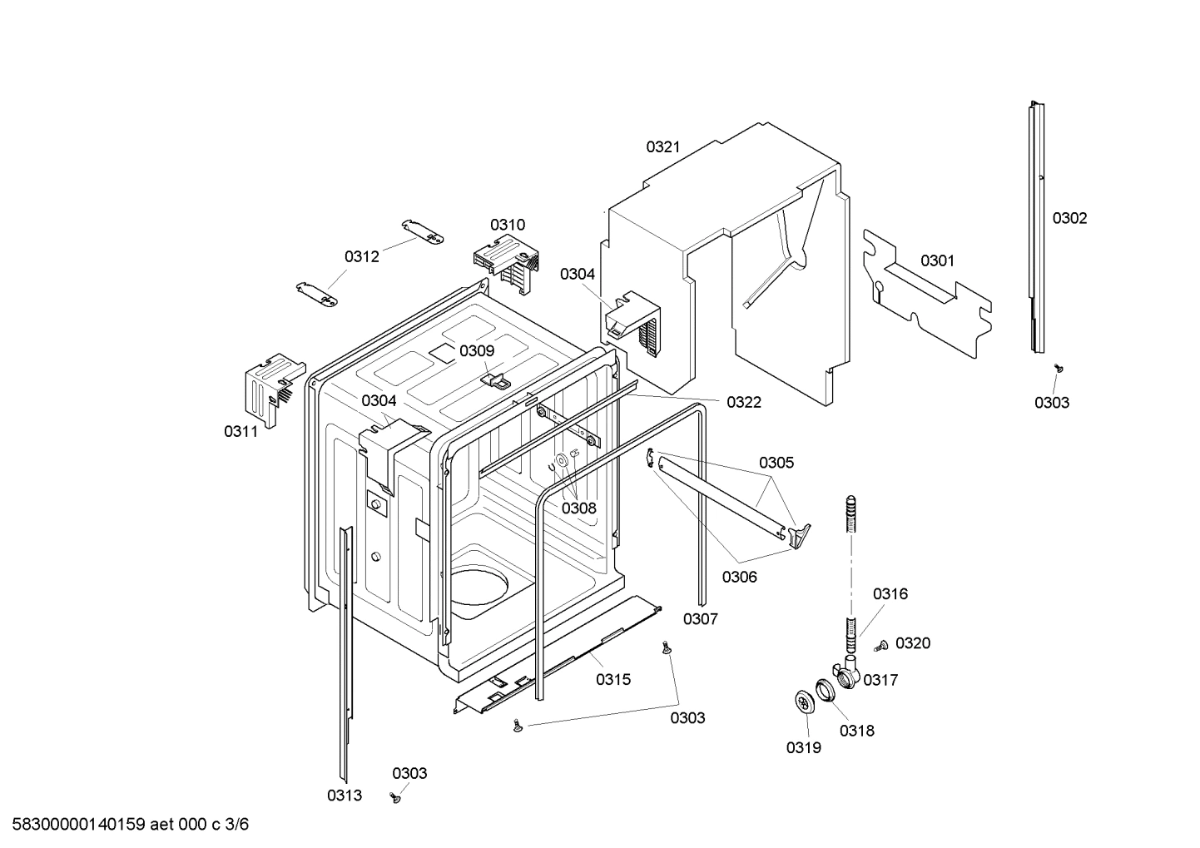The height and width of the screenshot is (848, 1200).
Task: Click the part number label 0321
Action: pyautogui.click(x=662, y=147)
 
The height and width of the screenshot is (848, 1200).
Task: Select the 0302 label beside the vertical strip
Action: pyautogui.click(x=1069, y=218)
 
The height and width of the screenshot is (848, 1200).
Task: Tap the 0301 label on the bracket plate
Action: pyautogui.click(x=937, y=260)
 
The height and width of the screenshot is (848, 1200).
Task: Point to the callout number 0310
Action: pyautogui.click(x=507, y=225)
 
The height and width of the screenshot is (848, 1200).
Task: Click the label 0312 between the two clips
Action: pyautogui.click(x=362, y=256)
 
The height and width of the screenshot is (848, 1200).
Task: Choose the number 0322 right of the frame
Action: pyautogui.click(x=743, y=403)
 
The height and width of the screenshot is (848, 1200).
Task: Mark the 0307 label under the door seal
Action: pyautogui.click(x=700, y=618)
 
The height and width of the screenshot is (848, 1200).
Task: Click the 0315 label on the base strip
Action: pyautogui.click(x=612, y=679)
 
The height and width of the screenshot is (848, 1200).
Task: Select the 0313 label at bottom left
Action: pyautogui.click(x=344, y=796)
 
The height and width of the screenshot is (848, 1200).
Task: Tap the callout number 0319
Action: pyautogui.click(x=803, y=747)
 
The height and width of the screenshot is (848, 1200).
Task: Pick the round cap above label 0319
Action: pyautogui.click(x=803, y=702)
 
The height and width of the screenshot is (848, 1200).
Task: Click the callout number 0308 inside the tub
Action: pyautogui.click(x=578, y=508)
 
